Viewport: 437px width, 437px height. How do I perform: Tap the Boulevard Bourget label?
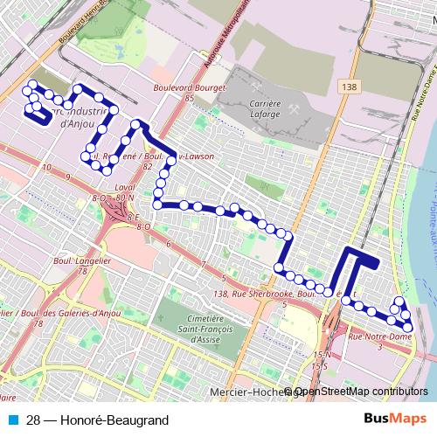coord(190,87)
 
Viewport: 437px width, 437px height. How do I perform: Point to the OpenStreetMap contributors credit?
coord(360,391)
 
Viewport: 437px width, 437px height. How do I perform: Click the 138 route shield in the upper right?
coord(350,87)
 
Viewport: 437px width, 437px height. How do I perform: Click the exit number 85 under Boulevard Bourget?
coord(189,98)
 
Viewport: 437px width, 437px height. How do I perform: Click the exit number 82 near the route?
coord(148,165)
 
